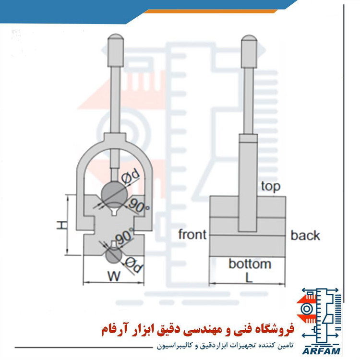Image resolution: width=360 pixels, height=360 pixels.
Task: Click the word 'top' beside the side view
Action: (271, 187)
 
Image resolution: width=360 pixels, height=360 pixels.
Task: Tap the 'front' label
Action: (192, 234)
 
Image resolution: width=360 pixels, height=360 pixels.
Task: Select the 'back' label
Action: (305, 235)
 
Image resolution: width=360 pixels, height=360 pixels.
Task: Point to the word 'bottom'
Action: (250, 264)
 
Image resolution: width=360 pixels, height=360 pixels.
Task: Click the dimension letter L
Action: (249, 277)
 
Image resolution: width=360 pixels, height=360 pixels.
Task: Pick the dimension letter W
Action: (114, 276)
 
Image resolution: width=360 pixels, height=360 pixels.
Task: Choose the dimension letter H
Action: (62, 225)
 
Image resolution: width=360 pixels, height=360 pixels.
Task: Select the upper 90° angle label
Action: (138, 206)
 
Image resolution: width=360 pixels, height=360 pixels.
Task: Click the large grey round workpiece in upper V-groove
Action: (114, 193)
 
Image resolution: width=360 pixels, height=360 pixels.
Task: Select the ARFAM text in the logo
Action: (321, 351)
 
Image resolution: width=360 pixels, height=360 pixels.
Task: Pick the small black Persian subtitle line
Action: (225, 346)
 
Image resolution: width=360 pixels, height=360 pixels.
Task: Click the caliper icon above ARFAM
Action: (320, 317)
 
